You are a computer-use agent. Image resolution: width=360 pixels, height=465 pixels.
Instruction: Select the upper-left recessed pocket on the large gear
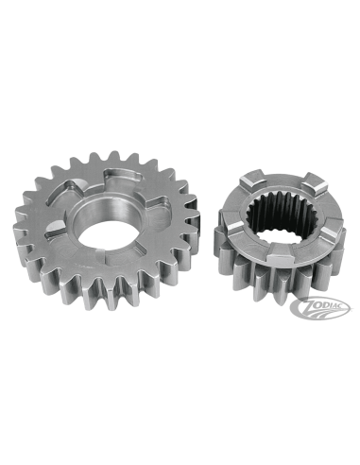pyautogui.click(x=73, y=190)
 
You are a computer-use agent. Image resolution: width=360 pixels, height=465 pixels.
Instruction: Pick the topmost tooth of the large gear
pyautogui.click(x=115, y=158)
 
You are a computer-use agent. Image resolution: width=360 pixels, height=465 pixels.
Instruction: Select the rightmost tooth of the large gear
pyautogui.click(x=193, y=216)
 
